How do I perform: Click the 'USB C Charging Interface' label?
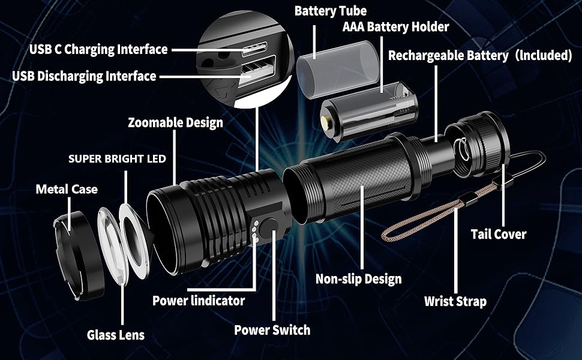click(x=98, y=49)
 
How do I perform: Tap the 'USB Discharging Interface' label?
click(x=84, y=76)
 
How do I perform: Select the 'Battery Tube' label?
click(x=330, y=11)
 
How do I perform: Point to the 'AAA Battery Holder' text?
click(x=395, y=27)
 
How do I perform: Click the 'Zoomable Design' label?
click(x=175, y=123)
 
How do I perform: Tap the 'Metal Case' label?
click(x=66, y=190)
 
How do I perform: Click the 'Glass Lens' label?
click(x=115, y=335)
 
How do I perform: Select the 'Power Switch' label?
click(x=272, y=330)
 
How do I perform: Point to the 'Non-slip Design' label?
click(x=358, y=279)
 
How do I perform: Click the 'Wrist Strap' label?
click(x=455, y=301)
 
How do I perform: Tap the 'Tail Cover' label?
click(x=498, y=234)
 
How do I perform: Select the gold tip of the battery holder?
click(x=325, y=122)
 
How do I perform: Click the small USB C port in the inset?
click(x=258, y=52)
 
